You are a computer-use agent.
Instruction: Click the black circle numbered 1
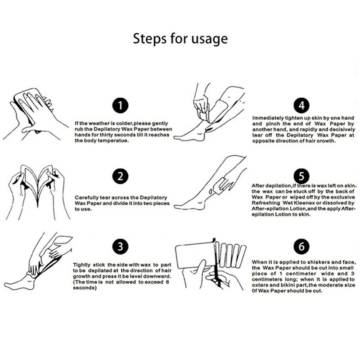coord(120,106)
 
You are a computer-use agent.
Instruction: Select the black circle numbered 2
coord(120,176)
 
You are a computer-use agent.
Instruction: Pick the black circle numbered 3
coord(120,247)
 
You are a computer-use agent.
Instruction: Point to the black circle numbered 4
coord(301,106)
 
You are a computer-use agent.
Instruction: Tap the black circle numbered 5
coord(301,176)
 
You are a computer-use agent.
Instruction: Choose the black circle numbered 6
coord(301,247)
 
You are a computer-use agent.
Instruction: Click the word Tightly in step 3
coord(82,265)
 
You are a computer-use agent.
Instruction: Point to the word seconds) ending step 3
coord(85,288)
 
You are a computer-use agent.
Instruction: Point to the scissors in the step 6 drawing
coord(216,264)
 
